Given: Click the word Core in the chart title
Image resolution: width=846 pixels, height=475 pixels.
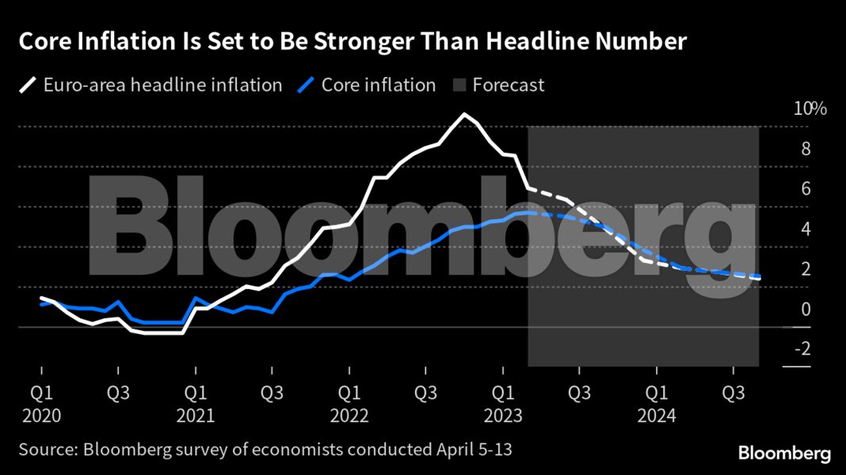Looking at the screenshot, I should coord(44,42).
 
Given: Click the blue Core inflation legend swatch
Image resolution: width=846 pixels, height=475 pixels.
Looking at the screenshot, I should coord(306,85).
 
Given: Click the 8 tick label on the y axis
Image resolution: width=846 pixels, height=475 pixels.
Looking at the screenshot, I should coord(806,149).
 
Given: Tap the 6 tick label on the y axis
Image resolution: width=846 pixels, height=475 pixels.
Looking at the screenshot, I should coord(806,189).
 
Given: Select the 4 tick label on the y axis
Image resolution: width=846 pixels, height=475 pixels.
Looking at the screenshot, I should coord(806,230).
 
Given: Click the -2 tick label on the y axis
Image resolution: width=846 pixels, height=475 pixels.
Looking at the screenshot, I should coord(802,349).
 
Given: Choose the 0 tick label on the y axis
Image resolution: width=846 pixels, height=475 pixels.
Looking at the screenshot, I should coord(806,310).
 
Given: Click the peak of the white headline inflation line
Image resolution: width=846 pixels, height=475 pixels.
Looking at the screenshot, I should coord(464,115).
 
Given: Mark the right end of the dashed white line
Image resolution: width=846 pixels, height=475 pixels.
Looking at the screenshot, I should coord(760,279).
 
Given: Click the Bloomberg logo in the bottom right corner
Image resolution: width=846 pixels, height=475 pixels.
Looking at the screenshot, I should coord(784,453).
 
